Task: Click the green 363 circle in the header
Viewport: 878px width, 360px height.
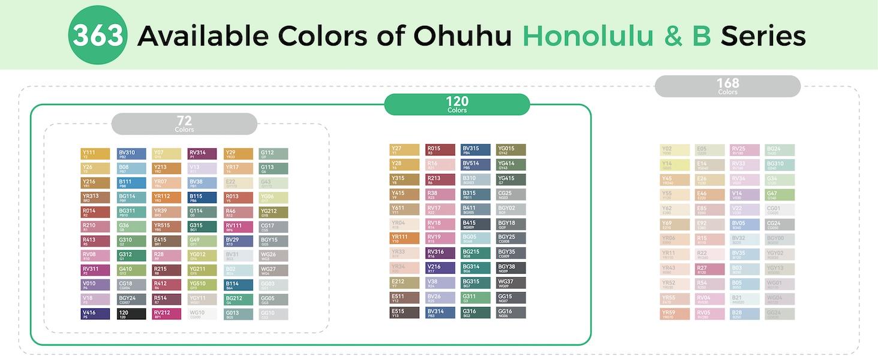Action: click(98, 35)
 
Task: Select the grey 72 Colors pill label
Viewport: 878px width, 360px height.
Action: click(184, 124)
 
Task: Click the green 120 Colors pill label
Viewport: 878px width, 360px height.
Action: click(457, 104)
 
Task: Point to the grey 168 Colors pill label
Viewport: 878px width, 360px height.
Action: click(727, 86)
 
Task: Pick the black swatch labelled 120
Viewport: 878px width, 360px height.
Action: click(131, 314)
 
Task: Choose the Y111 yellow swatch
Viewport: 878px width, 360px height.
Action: click(95, 154)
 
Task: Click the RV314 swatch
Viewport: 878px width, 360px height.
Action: click(202, 154)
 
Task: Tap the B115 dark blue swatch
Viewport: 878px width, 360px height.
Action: click(202, 197)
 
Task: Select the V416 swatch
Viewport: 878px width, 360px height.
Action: click(95, 314)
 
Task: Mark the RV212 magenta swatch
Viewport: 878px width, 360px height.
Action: click(167, 314)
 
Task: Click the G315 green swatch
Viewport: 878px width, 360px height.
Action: click(202, 227)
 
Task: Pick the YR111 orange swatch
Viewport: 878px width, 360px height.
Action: click(405, 238)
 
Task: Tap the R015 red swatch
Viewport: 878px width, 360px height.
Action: click(440, 150)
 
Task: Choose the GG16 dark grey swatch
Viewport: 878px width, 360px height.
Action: click(511, 313)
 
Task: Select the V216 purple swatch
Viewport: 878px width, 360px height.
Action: click(440, 268)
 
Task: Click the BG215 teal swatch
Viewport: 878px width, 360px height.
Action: click(476, 253)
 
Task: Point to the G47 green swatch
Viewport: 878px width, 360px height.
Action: click(780, 195)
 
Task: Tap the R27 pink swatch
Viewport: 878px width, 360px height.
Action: click(709, 269)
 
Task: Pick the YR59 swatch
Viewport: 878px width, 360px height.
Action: click(674, 314)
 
